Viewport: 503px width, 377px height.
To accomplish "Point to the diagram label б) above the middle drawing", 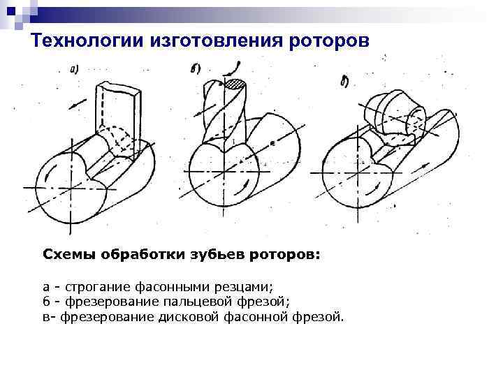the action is click(196, 68).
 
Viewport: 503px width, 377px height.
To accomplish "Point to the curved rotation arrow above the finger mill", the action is click(237, 68).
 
